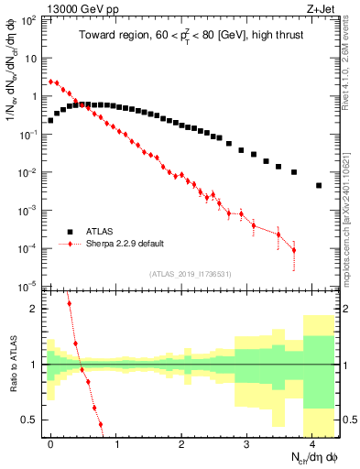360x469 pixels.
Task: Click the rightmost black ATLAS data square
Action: click(319, 185)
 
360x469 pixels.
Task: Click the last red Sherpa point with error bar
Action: click(294, 250)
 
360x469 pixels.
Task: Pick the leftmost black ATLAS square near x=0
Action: click(50, 120)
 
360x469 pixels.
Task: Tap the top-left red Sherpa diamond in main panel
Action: click(50, 81)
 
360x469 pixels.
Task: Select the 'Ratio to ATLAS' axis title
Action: click(12, 362)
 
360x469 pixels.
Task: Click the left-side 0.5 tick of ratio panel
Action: click(30, 420)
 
